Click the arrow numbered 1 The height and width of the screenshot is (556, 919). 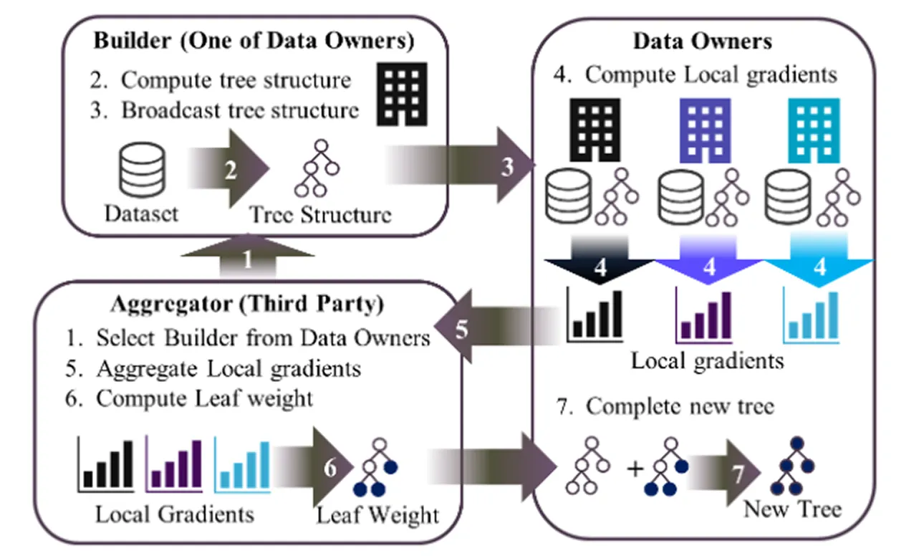click(248, 260)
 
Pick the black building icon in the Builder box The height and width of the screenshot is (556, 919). click(401, 92)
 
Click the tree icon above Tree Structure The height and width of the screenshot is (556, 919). click(314, 170)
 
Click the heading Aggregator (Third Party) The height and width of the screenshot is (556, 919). click(247, 304)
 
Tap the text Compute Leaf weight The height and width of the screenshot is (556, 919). click(205, 398)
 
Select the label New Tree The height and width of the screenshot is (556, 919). click(792, 509)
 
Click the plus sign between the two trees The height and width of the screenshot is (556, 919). click(632, 469)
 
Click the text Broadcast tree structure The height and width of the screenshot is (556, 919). click(240, 110)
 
